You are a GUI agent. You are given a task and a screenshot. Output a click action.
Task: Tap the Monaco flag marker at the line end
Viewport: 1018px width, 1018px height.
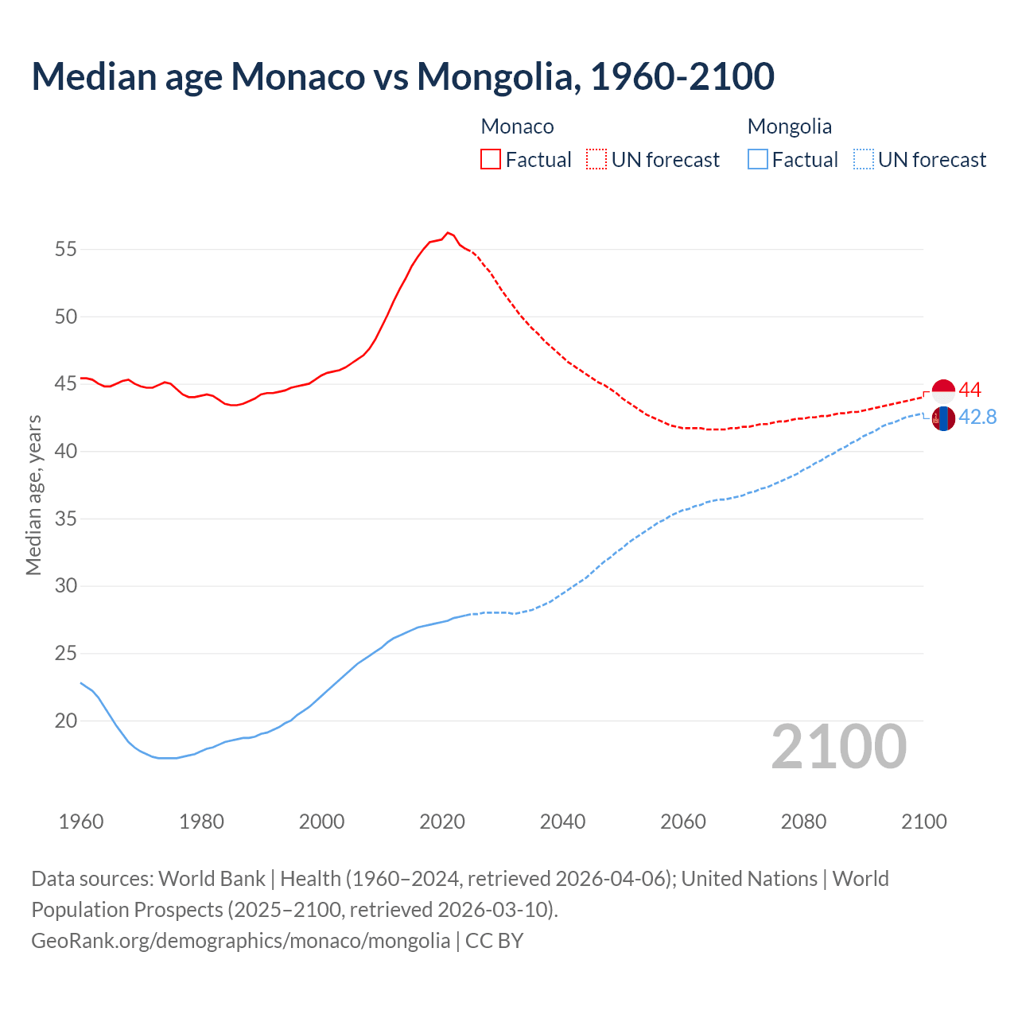click(943, 391)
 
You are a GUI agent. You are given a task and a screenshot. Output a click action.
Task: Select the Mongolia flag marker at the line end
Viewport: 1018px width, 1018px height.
click(943, 418)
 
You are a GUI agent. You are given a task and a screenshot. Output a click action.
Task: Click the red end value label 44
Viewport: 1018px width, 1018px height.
click(969, 390)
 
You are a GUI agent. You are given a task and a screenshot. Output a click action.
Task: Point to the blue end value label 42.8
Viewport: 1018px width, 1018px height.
click(977, 417)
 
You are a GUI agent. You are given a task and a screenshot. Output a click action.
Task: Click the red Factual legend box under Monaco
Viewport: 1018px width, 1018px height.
click(491, 160)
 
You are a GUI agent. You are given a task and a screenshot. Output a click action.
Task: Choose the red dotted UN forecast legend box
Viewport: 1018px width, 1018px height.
click(596, 160)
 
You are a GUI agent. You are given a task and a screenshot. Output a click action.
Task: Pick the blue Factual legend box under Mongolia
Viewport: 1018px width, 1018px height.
click(758, 160)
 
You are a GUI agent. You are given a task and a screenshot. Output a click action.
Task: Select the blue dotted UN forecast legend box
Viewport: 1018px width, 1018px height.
click(863, 160)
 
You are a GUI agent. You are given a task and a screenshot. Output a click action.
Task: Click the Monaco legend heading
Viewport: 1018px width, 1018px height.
click(517, 126)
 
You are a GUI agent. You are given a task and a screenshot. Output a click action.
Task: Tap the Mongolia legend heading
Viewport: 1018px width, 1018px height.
click(790, 126)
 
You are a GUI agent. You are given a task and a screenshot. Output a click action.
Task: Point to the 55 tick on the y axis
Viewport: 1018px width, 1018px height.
click(66, 249)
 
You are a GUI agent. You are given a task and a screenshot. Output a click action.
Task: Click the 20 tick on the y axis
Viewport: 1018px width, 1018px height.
click(66, 721)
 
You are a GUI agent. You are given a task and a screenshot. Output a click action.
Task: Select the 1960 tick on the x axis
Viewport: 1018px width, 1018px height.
click(81, 822)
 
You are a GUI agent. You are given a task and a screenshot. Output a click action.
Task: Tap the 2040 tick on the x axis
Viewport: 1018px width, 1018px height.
click(562, 822)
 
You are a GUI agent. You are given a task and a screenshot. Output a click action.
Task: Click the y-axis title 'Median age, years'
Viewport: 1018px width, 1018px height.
click(33, 495)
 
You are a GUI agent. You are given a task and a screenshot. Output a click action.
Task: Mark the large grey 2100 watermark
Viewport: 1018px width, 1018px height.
click(838, 747)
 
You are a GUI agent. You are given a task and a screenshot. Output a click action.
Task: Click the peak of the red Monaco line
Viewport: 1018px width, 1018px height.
click(448, 232)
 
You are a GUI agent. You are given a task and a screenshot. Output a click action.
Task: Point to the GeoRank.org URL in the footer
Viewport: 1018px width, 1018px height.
click(240, 941)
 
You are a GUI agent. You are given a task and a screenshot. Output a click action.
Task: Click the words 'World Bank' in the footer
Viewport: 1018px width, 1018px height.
click(212, 879)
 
